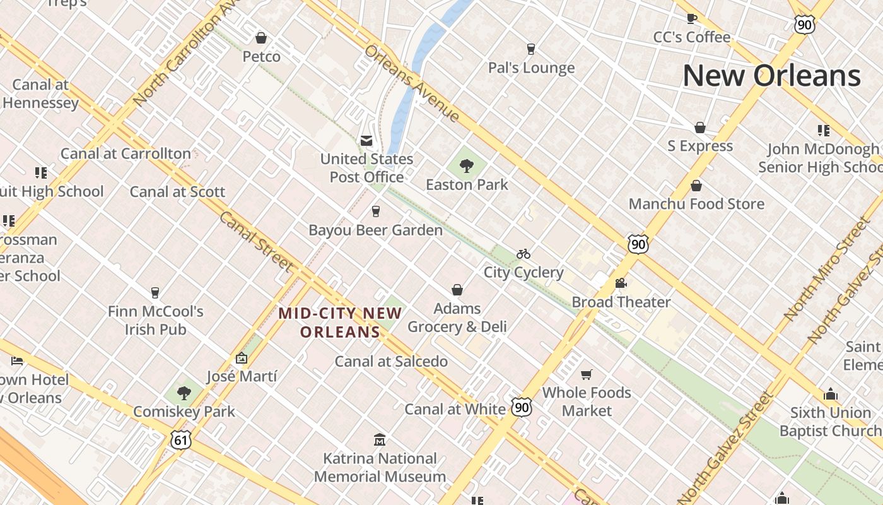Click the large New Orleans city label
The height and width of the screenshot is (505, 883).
tap(771, 76)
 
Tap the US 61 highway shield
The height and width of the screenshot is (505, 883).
tap(180, 440)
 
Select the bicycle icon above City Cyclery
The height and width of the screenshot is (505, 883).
tap(523, 254)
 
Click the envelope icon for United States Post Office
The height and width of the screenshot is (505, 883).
tap(366, 141)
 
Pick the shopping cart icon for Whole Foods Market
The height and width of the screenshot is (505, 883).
tap(587, 375)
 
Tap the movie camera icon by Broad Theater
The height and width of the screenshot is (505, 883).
tap(621, 283)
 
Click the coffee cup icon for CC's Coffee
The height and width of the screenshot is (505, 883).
tap(692, 18)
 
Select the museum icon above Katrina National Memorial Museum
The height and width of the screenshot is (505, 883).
tap(380, 439)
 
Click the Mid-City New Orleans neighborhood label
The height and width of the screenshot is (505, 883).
tap(341, 322)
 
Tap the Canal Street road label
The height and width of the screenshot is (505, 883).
tap(256, 242)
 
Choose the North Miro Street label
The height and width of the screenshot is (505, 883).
tap(827, 268)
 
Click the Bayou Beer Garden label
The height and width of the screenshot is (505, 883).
tap(376, 230)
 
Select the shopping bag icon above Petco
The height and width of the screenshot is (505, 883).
tap(261, 38)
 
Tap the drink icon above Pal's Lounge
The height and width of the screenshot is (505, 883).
tap(531, 49)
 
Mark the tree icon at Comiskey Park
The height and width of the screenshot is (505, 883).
tap(184, 393)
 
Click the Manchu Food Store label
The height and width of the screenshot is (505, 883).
tap(696, 204)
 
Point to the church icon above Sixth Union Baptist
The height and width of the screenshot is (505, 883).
tap(831, 394)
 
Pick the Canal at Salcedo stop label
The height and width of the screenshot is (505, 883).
tap(391, 362)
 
